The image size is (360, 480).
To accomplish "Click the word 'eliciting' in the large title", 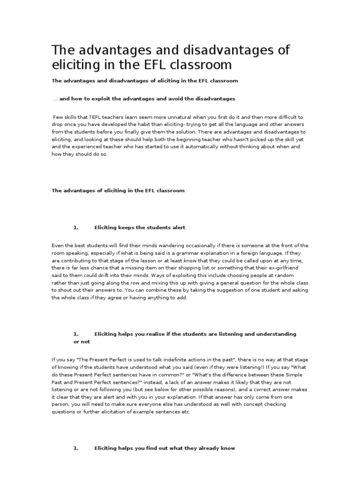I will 75,64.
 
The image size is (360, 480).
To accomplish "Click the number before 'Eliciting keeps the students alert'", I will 75,227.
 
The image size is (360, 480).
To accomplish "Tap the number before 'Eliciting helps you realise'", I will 75,334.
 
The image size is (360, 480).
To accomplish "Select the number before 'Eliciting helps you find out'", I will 75,448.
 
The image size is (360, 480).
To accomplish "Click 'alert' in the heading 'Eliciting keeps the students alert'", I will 178,227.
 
